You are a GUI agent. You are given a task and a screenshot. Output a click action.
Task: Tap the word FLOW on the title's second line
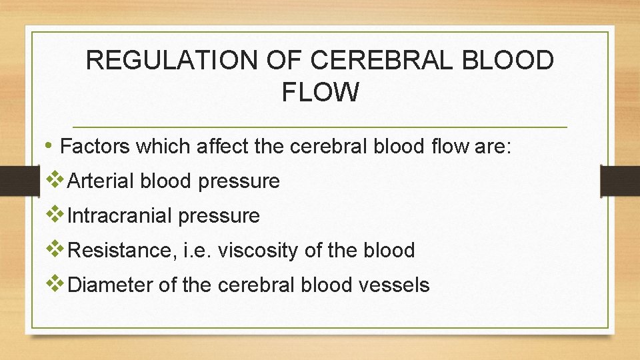(x=320, y=93)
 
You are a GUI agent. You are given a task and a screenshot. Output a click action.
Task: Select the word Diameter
(x=110, y=285)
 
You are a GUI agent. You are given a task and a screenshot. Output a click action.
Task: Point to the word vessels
(x=395, y=285)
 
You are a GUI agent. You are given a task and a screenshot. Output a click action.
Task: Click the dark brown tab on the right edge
(x=620, y=181)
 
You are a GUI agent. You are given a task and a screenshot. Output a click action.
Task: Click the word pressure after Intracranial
(x=223, y=216)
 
